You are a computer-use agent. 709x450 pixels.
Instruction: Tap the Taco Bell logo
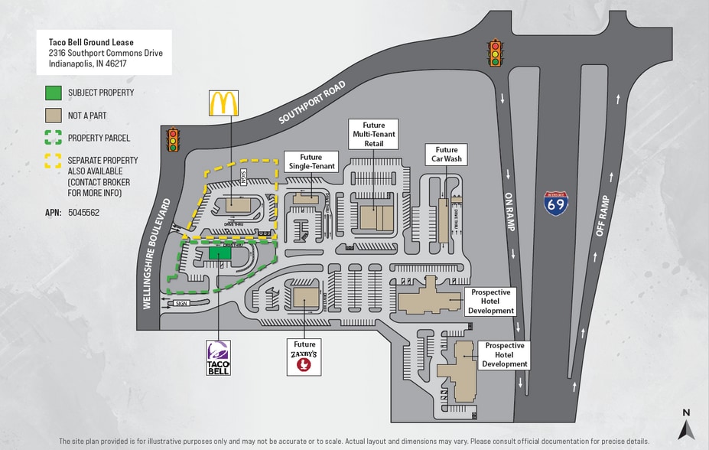click(x=219, y=357)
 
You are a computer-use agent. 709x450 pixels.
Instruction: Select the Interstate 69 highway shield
click(x=556, y=203)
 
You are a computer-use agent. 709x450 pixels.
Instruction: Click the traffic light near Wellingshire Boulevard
click(x=173, y=139)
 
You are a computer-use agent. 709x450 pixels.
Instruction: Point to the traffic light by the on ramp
click(x=496, y=52)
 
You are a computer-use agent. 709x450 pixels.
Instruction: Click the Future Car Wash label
click(x=447, y=155)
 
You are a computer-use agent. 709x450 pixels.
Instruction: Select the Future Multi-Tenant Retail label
click(x=374, y=134)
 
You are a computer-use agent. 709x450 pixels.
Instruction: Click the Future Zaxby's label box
click(x=304, y=357)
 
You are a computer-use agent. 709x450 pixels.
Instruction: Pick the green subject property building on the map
click(x=220, y=253)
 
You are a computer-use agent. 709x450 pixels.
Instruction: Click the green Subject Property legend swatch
click(x=53, y=93)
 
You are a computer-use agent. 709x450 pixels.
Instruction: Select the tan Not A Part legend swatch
click(x=53, y=116)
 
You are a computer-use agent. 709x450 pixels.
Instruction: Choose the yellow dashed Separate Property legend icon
click(x=53, y=161)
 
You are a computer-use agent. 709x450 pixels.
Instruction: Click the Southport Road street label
click(x=312, y=102)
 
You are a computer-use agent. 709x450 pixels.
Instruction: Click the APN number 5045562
click(x=83, y=212)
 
